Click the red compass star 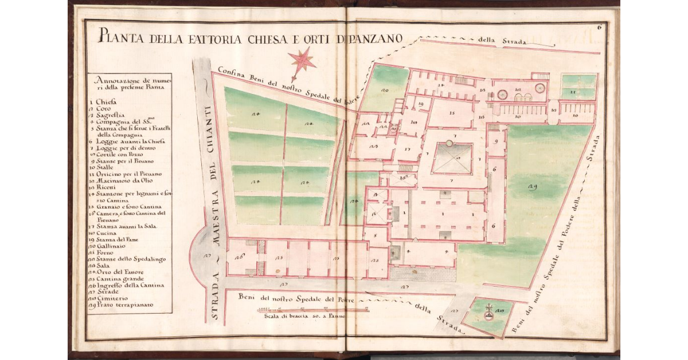302,60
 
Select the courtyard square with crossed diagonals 452,158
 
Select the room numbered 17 408,148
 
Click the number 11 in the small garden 571,90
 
